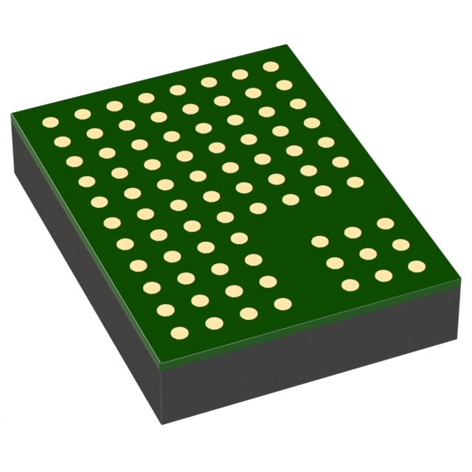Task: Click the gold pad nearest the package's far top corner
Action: [x=271, y=66]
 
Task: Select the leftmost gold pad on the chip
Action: [x=50, y=122]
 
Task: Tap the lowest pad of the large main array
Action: [x=178, y=333]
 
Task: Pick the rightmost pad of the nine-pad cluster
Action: [x=417, y=266]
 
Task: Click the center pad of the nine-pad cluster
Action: [x=368, y=254]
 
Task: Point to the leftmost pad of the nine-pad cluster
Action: [x=319, y=241]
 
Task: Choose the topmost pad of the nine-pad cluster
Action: [x=385, y=223]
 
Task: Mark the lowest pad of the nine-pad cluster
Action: [x=350, y=285]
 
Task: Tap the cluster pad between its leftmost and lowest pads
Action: [x=335, y=263]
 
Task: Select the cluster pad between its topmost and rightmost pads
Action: [x=400, y=244]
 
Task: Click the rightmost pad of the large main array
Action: [x=355, y=181]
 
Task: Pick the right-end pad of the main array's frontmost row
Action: [x=282, y=303]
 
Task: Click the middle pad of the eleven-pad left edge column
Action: [x=112, y=222]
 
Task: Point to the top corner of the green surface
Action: [x=285, y=46]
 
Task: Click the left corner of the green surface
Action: [x=12, y=115]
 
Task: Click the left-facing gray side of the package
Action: [x=81, y=280]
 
